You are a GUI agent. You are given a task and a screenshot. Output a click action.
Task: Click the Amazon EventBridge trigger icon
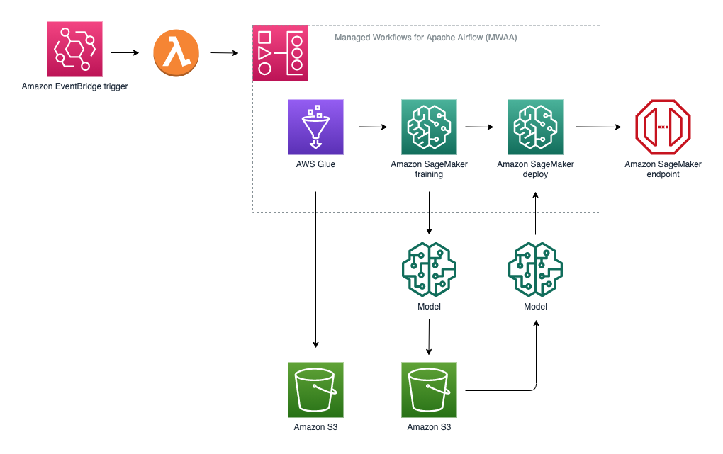pyautogui.click(x=74, y=49)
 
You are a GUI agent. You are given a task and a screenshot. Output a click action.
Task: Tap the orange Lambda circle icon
pyautogui.click(x=176, y=52)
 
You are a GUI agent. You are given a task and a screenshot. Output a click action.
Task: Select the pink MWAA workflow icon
pyautogui.click(x=281, y=53)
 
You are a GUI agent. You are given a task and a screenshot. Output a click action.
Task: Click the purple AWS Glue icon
pyautogui.click(x=316, y=127)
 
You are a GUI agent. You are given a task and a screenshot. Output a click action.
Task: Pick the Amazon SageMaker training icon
pyautogui.click(x=430, y=127)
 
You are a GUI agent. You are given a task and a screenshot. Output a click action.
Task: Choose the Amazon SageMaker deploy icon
pyautogui.click(x=535, y=127)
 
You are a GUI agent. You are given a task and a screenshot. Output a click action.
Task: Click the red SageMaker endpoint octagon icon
pyautogui.click(x=663, y=127)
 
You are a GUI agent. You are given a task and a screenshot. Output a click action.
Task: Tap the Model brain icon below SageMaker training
pyautogui.click(x=430, y=270)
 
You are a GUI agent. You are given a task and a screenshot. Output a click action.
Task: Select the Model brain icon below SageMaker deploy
pyautogui.click(x=535, y=270)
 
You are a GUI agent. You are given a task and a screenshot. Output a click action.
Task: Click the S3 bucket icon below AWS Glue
pyautogui.click(x=316, y=390)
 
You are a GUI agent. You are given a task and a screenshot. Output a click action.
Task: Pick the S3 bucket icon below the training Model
pyautogui.click(x=430, y=390)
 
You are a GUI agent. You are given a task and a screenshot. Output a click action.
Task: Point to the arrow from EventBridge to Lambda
pyautogui.click(x=125, y=52)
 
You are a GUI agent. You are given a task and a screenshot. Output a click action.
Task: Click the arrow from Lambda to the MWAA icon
pyautogui.click(x=224, y=53)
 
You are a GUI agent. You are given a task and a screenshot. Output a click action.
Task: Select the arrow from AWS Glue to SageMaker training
pyautogui.click(x=373, y=127)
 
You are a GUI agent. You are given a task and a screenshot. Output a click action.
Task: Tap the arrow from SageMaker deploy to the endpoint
pyautogui.click(x=598, y=127)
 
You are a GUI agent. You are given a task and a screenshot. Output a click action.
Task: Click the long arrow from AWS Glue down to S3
pyautogui.click(x=316, y=270)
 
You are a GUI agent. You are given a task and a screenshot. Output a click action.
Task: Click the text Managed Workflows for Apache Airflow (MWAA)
pyautogui.click(x=425, y=38)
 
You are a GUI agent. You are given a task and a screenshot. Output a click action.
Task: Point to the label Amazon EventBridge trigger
pyautogui.click(x=74, y=86)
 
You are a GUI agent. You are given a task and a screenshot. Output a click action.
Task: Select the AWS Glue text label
pyautogui.click(x=316, y=164)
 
